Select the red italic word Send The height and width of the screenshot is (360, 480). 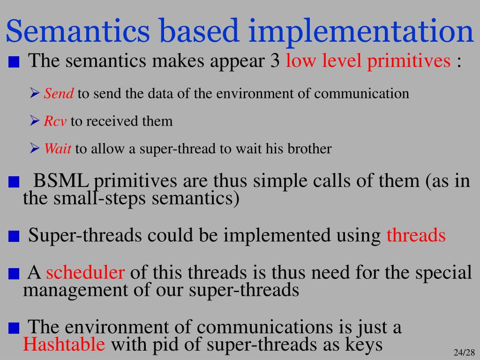click(x=59, y=93)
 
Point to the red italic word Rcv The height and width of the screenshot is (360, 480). click(x=55, y=121)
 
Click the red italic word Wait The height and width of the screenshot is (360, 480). click(x=58, y=149)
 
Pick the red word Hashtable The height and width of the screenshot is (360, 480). click(x=64, y=344)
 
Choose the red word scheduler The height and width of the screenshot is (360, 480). click(x=85, y=272)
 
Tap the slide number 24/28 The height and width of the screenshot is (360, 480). click(x=464, y=352)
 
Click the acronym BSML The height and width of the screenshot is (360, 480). click(x=61, y=180)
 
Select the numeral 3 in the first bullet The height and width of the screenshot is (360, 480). click(x=275, y=60)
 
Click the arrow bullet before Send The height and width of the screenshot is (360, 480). click(x=35, y=93)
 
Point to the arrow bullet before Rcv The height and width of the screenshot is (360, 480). click(x=35, y=120)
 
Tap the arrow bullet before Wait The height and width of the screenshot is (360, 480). click(x=35, y=149)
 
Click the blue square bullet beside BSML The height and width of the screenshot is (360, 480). click(x=14, y=182)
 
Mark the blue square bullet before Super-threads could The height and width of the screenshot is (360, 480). click(x=14, y=236)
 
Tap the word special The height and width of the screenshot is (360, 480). click(x=443, y=272)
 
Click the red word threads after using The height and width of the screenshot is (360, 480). click(x=416, y=235)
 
